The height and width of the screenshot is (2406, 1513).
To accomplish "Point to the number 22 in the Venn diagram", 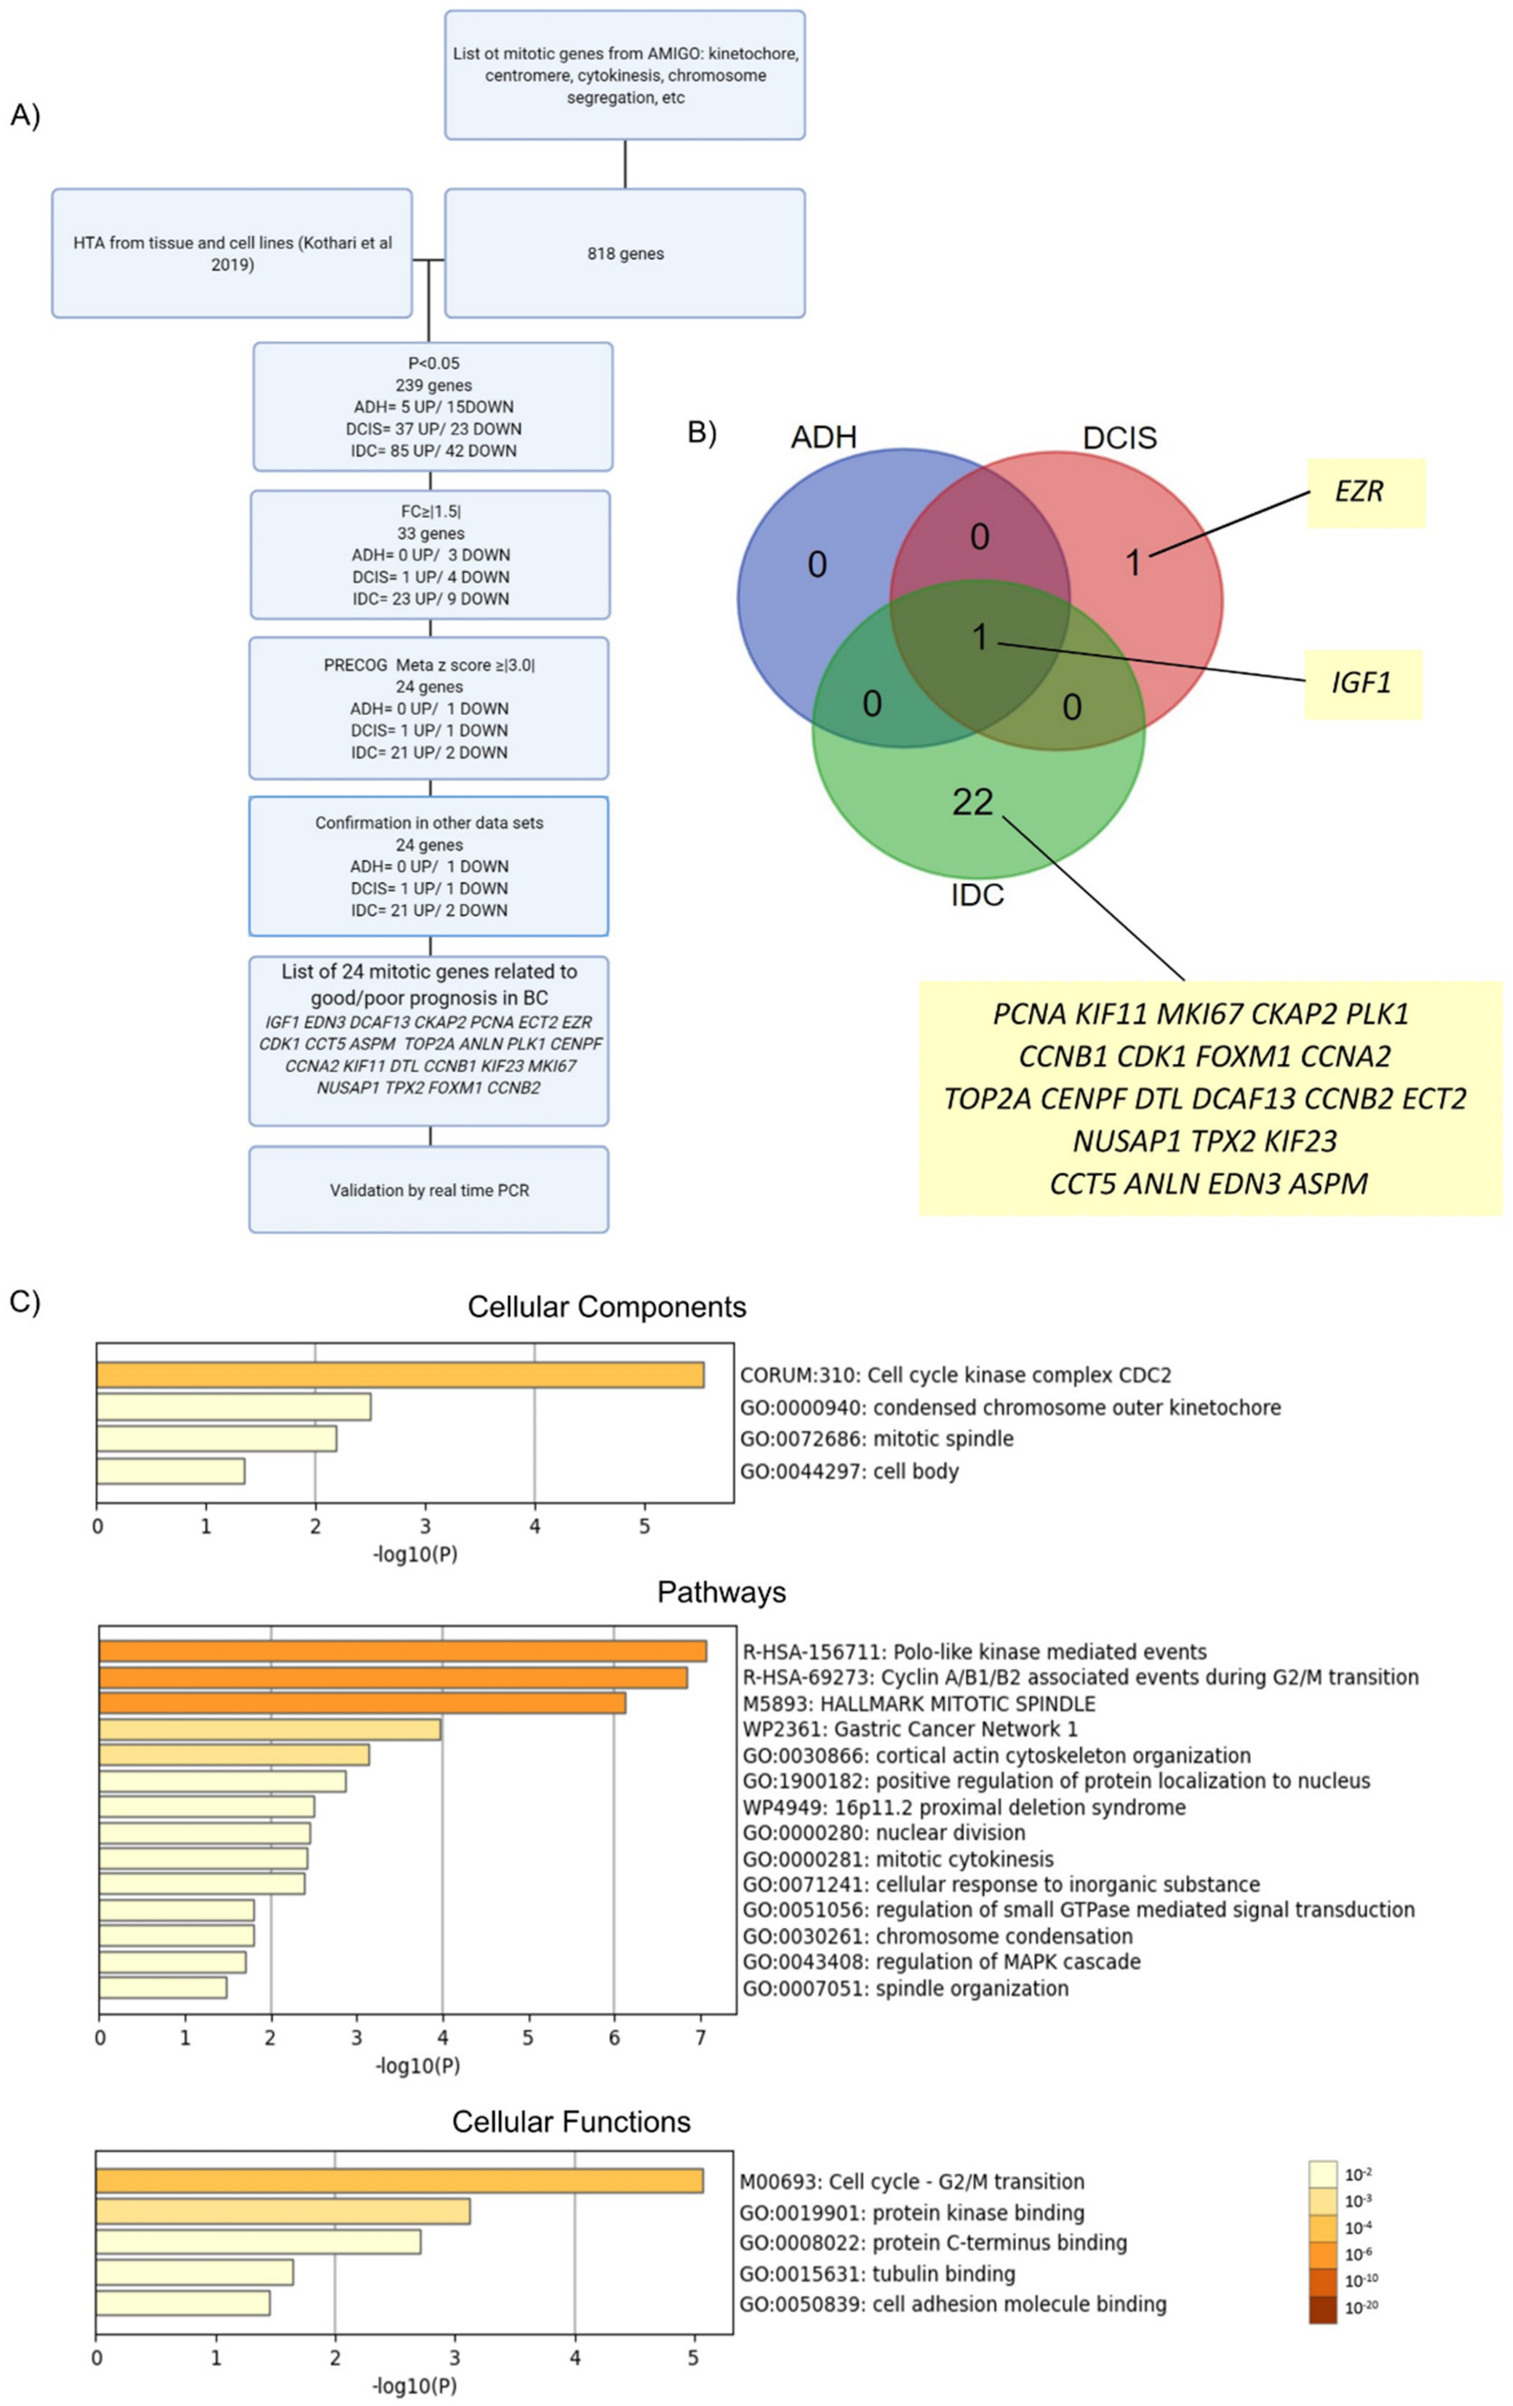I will point(973,801).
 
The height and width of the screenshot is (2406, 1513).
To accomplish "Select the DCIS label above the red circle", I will point(1119,437).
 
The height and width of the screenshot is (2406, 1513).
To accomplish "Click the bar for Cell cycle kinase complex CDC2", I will point(400,1375).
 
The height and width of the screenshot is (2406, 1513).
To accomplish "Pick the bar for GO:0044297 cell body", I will point(171,1471).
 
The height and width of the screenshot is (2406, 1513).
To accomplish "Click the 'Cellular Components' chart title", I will point(606,1307).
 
